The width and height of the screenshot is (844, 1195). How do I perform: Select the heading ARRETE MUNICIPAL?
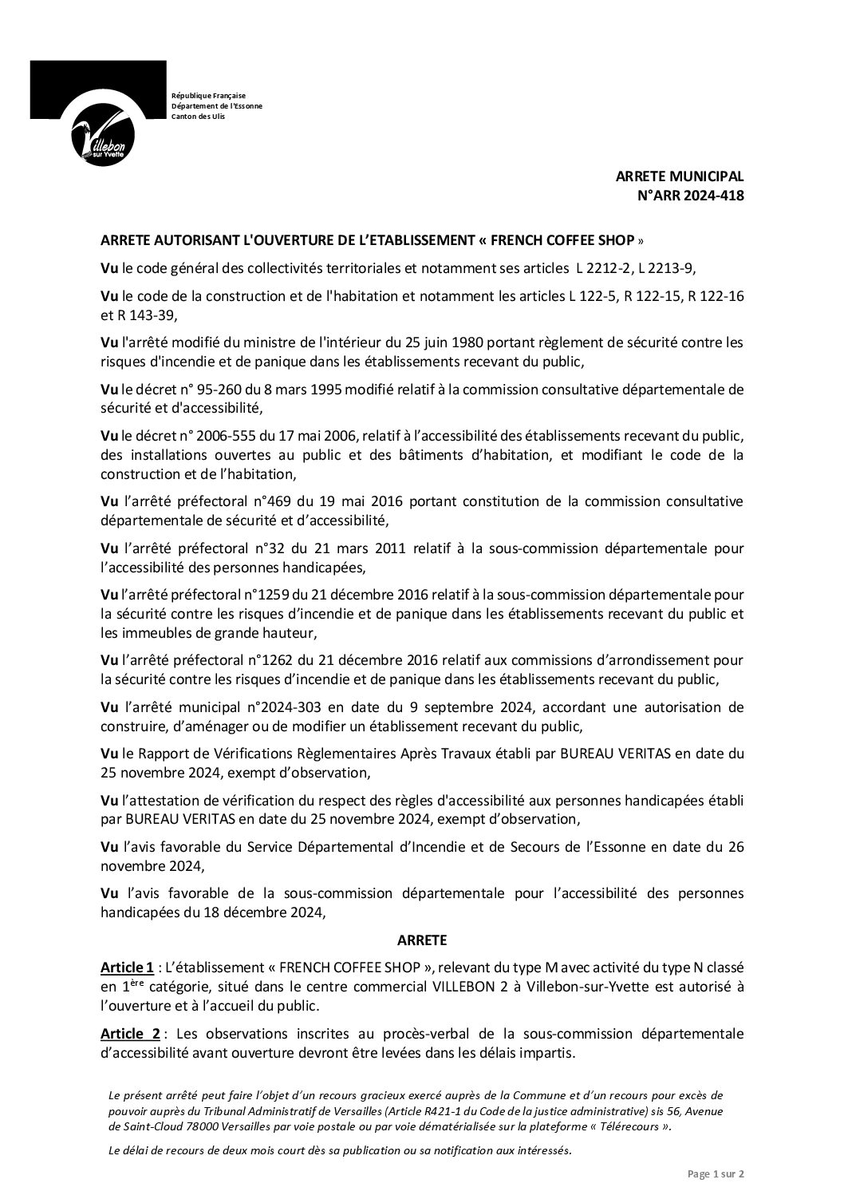[680, 177]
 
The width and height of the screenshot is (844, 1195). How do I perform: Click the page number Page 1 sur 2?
[716, 1174]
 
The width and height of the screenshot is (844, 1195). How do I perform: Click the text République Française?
[209, 96]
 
